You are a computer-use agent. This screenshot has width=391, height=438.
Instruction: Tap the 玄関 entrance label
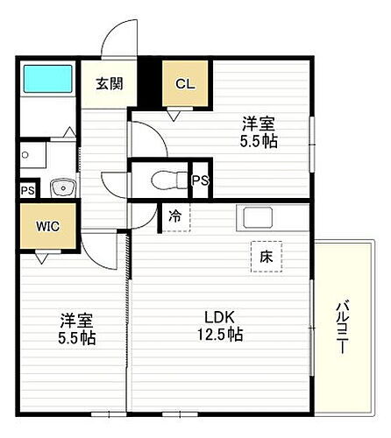(110, 84)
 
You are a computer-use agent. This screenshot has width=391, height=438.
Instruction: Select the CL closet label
(185, 84)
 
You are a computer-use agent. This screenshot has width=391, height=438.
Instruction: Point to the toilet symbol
(165, 180)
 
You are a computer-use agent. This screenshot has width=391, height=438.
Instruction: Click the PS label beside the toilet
(201, 180)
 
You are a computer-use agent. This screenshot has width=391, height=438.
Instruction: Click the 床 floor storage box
(266, 255)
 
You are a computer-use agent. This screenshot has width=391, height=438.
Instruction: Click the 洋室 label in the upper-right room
(259, 124)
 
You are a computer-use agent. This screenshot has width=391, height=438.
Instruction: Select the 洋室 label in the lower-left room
(78, 320)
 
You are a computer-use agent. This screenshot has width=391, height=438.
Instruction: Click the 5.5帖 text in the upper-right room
(260, 140)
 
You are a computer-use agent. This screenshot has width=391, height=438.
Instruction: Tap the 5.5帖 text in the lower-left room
(78, 337)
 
